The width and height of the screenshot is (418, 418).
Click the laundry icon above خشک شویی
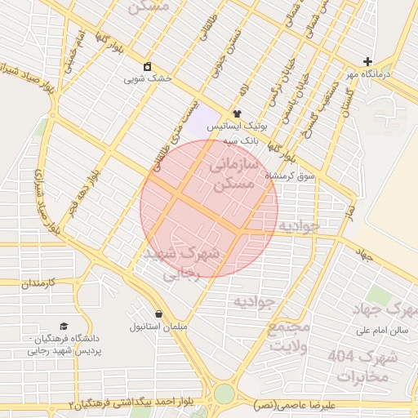tap(147, 66)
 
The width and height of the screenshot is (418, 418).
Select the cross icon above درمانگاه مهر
tap(367, 61)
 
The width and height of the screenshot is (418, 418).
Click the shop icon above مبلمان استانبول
tap(158, 313)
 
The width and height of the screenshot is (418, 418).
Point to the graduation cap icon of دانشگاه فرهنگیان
tap(64, 325)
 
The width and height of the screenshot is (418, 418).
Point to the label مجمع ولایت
tap(290, 336)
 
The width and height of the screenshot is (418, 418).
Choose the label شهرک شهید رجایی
tap(181, 264)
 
